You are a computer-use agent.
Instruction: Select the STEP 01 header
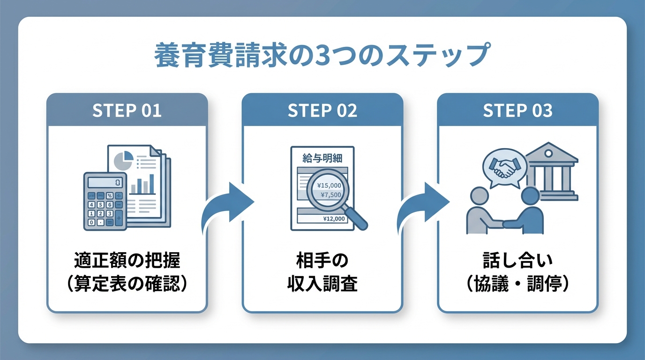tap(127, 111)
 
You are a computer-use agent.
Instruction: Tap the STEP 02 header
tap(322, 111)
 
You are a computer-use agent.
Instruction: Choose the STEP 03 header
tap(517, 111)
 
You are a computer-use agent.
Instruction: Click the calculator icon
tap(105, 201)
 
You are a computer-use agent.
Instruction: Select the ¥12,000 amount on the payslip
tap(334, 218)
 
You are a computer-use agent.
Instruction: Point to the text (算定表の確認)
tap(127, 284)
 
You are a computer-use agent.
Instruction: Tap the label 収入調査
tap(322, 284)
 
